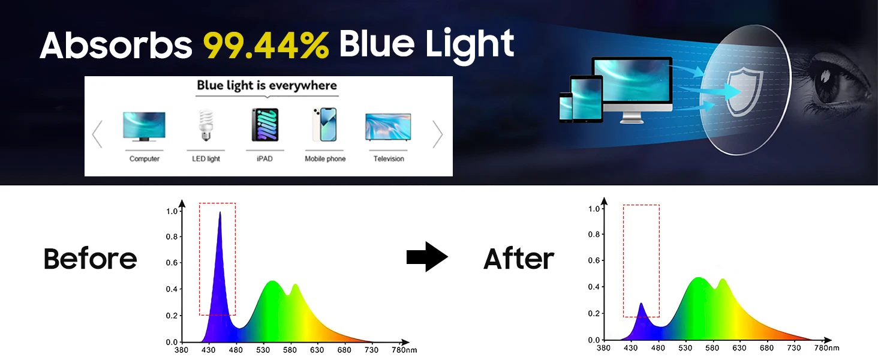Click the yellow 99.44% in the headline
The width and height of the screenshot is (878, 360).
tap(266, 45)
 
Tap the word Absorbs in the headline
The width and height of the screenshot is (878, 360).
tap(116, 46)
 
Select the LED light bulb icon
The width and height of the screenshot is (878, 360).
tap(206, 125)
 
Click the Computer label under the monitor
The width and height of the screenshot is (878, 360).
tap(145, 159)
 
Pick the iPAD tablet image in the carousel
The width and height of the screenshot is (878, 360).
tap(265, 125)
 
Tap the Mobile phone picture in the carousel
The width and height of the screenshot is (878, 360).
tap(324, 124)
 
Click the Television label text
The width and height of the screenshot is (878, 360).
tap(389, 159)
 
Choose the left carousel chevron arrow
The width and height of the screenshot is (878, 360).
tap(97, 134)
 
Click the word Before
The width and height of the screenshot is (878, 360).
tap(90, 259)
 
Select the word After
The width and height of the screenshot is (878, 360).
tap(519, 259)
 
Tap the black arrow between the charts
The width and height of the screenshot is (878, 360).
tap(427, 257)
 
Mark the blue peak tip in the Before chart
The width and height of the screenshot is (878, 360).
tap(220, 212)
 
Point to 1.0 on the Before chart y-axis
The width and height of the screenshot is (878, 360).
tap(172, 211)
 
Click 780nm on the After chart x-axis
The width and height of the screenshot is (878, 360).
tap(826, 348)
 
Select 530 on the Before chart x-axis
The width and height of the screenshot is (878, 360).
tap(263, 350)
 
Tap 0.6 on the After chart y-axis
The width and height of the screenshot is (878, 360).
tap(594, 260)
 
